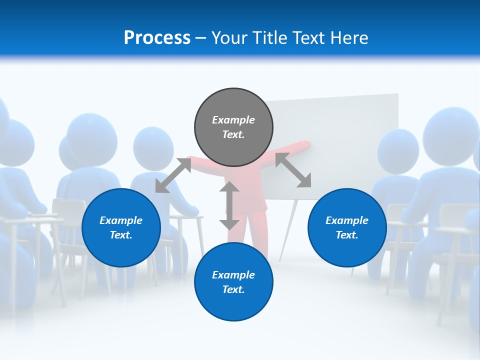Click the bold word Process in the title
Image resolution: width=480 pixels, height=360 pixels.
tap(157, 38)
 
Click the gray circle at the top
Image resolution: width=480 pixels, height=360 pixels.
tap(233, 127)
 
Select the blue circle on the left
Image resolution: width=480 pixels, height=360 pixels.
tap(121, 227)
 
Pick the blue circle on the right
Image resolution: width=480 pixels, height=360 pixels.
tap(347, 227)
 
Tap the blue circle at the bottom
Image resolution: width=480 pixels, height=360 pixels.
tap(233, 282)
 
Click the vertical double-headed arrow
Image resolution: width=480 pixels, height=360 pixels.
tap(229, 205)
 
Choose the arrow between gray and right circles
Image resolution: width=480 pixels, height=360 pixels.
tap(293, 170)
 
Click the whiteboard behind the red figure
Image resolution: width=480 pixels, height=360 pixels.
tap(350, 140)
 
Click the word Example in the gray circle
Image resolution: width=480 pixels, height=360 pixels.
tap(233, 120)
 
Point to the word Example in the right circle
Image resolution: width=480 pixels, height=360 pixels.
tap(347, 220)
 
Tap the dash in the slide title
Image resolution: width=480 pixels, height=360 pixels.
tap(201, 38)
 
